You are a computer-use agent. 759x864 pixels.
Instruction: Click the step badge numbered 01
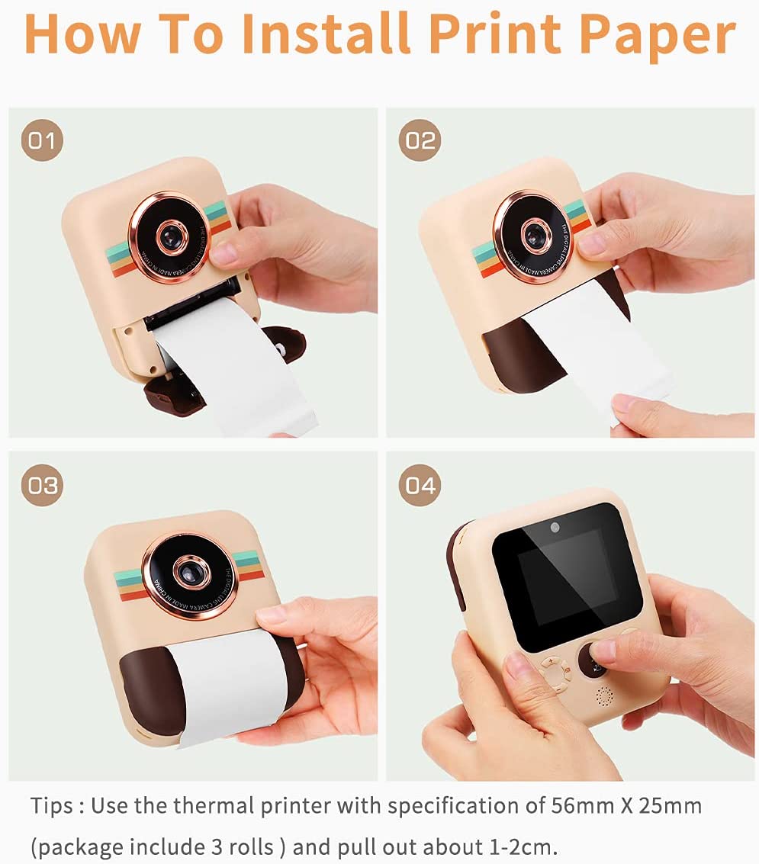[42, 141]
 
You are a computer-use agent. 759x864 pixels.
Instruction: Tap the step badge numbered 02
[420, 141]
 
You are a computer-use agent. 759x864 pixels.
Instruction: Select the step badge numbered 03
[42, 485]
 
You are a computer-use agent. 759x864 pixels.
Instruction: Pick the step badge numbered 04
[420, 485]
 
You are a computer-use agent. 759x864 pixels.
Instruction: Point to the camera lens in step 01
[172, 237]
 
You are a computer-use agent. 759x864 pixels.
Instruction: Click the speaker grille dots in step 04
[604, 695]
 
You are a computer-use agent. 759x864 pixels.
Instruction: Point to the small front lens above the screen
[555, 528]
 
